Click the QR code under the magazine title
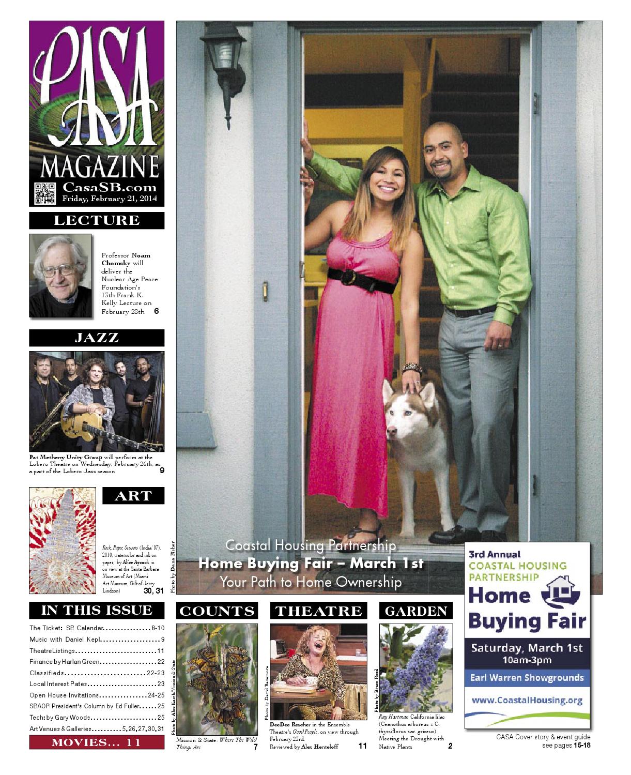[x=44, y=193]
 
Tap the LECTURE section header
[x=97, y=220]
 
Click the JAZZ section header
[x=97, y=338]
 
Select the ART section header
[x=133, y=495]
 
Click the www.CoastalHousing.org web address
[x=527, y=700]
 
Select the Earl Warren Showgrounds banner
[x=527, y=677]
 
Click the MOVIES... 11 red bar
[x=97, y=742]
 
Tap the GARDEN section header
[x=416, y=611]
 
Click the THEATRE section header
[x=318, y=611]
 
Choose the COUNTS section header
[x=217, y=611]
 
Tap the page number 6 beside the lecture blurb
[x=156, y=311]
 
